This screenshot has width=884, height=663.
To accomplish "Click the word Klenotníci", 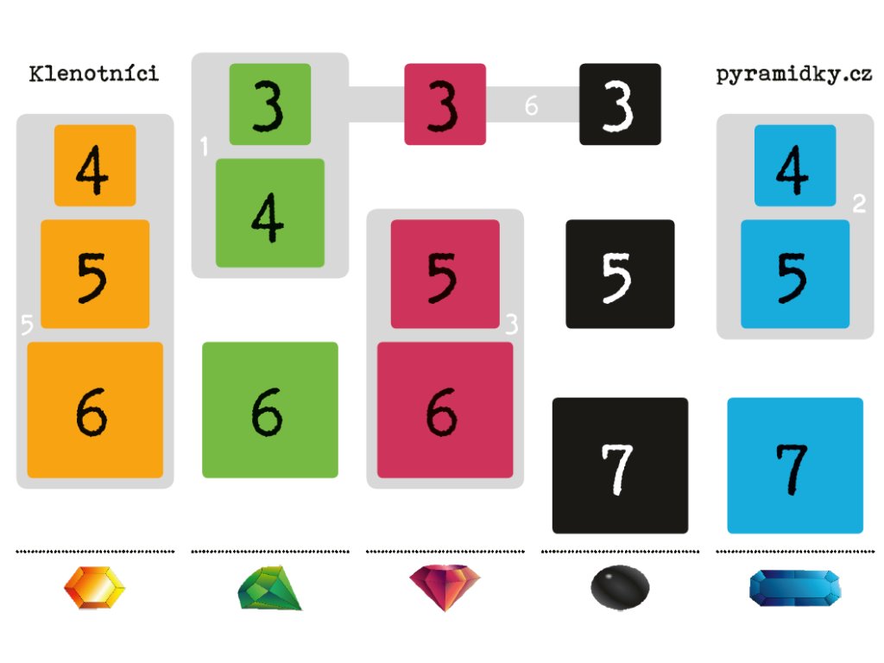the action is tap(93, 73).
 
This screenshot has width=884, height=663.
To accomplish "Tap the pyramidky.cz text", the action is tap(793, 74).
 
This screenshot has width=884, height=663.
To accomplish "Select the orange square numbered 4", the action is tap(95, 166).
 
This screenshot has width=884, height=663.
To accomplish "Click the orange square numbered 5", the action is tap(95, 274).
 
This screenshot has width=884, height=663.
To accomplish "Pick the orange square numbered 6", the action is tap(95, 410).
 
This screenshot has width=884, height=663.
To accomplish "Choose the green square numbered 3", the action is tap(270, 104).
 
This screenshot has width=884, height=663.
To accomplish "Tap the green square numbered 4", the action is tap(270, 213).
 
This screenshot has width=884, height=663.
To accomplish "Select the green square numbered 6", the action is tap(270, 410).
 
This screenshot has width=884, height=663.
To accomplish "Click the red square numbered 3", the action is tap(445, 104).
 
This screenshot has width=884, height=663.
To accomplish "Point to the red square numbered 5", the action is tap(445, 274).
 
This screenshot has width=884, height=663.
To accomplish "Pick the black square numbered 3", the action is tap(620, 104).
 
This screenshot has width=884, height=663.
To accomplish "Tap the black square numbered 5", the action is tap(620, 274).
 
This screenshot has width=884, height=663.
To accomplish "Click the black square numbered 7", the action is tap(620, 465).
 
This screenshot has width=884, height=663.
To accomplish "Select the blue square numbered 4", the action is tap(795, 166).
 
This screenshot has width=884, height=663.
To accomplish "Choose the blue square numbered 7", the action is tap(795, 465).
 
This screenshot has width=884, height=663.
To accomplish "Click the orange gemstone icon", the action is tap(94, 589).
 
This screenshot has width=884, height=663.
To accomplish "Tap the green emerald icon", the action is tap(270, 589).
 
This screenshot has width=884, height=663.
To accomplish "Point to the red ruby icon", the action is tap(445, 587).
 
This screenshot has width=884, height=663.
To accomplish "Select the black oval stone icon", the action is tap(620, 589).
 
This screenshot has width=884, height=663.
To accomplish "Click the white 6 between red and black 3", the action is tap(532, 106).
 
